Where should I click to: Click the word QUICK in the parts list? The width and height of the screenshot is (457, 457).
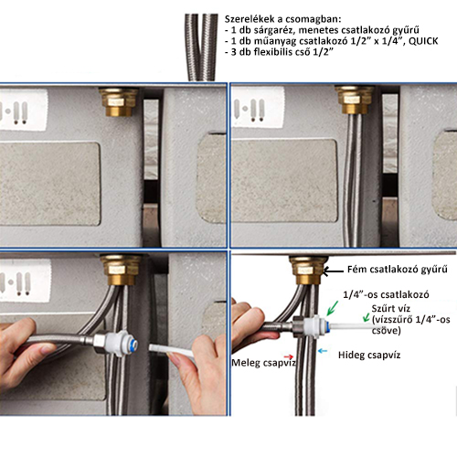point(423,41)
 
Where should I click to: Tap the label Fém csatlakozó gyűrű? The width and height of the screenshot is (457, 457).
point(398,270)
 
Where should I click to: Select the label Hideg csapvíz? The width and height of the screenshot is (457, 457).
point(369,355)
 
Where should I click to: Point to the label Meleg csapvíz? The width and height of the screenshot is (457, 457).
point(264,363)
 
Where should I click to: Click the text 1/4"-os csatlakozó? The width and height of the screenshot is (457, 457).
point(386,294)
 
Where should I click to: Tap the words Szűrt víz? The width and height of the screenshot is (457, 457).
point(391,308)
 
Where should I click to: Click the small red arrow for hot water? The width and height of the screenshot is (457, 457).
point(289,356)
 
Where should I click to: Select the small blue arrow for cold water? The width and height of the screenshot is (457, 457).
point(323,351)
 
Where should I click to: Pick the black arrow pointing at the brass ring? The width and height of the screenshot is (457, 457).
point(333,271)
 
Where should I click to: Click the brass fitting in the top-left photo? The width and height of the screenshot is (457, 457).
point(119,101)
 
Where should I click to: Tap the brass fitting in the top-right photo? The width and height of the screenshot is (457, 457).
point(355,100)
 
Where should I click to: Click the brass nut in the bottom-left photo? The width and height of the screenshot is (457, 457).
point(122,270)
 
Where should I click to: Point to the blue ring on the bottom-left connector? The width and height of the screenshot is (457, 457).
point(133,345)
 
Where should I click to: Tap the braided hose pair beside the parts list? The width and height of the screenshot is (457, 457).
point(201,48)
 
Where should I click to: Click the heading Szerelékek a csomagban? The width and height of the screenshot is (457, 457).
point(282,19)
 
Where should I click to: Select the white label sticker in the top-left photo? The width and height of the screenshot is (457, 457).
point(24,110)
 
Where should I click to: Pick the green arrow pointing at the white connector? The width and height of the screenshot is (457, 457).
point(333,308)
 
